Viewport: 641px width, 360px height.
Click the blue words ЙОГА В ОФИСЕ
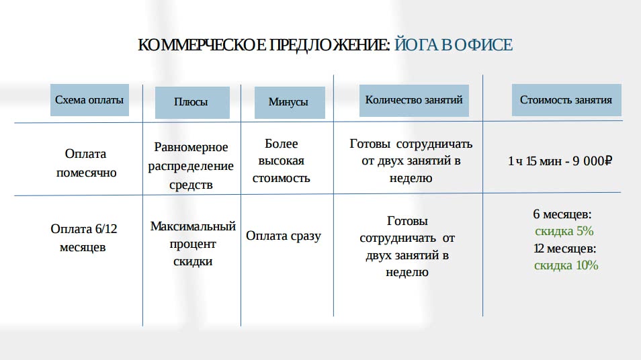point(454,44)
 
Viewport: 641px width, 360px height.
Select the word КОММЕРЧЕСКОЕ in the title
point(202,45)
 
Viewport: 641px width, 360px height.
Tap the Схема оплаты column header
point(89,100)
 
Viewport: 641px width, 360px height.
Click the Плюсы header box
point(192,103)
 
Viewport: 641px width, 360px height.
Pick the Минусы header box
point(290,103)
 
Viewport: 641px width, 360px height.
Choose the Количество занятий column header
point(414,101)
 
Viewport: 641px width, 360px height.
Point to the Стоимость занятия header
point(566,100)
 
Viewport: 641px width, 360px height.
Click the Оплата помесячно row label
point(86,163)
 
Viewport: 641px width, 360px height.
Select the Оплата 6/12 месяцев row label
point(84,238)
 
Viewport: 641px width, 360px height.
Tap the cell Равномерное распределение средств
point(191,165)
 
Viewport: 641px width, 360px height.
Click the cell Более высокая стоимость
point(282,161)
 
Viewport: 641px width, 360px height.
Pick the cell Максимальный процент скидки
point(193,244)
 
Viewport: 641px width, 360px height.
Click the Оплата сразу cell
point(284,236)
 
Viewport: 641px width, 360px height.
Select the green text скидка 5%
point(564,231)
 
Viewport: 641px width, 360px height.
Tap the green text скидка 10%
point(566,265)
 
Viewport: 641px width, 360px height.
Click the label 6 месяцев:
point(562,214)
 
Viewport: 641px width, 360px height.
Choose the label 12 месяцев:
point(564,248)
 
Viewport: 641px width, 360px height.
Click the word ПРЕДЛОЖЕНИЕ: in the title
point(330,45)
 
